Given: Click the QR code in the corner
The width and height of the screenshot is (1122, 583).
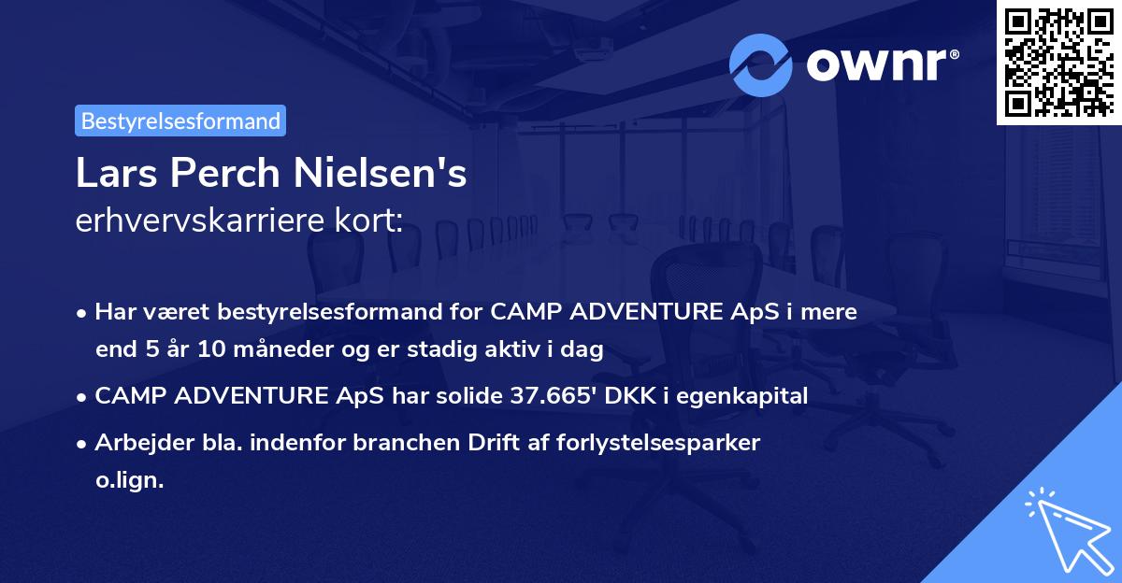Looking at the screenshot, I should [1058, 62].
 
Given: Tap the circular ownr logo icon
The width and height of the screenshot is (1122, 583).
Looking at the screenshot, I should [761, 65].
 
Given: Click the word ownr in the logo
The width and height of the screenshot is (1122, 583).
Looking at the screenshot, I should [880, 65].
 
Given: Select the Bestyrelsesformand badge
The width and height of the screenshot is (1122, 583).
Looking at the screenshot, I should [180, 121].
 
